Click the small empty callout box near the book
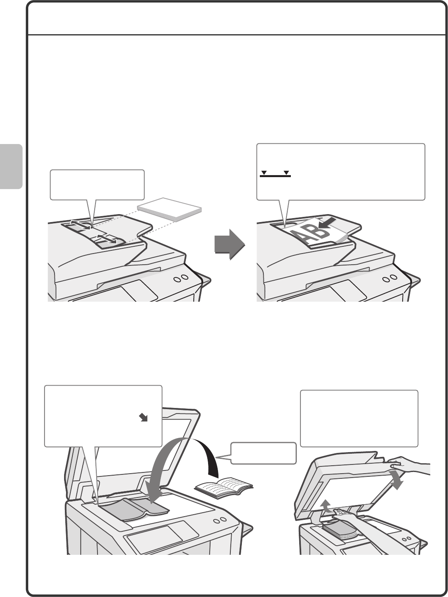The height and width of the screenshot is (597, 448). (263, 453)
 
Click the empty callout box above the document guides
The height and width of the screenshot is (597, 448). (97, 184)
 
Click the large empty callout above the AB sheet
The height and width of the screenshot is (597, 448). (341, 172)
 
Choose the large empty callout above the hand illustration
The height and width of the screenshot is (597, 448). (359, 418)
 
